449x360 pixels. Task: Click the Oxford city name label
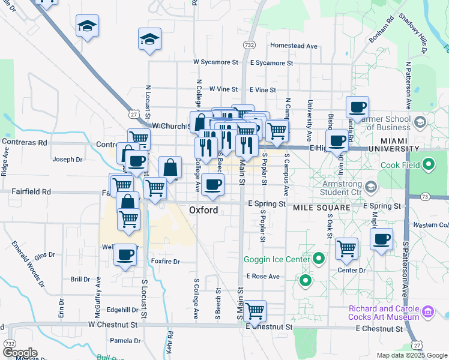204,210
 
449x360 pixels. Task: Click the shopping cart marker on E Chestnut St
255,310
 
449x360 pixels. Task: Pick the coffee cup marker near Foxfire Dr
125,254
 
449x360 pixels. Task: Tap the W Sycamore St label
215,62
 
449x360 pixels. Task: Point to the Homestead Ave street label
294,46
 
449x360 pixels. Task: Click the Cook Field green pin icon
429,164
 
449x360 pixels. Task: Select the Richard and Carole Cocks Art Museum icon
428,312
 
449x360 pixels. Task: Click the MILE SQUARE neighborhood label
321,208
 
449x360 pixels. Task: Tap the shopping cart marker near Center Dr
346,248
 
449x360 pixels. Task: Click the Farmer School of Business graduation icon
420,122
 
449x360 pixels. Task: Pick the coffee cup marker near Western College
381,239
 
